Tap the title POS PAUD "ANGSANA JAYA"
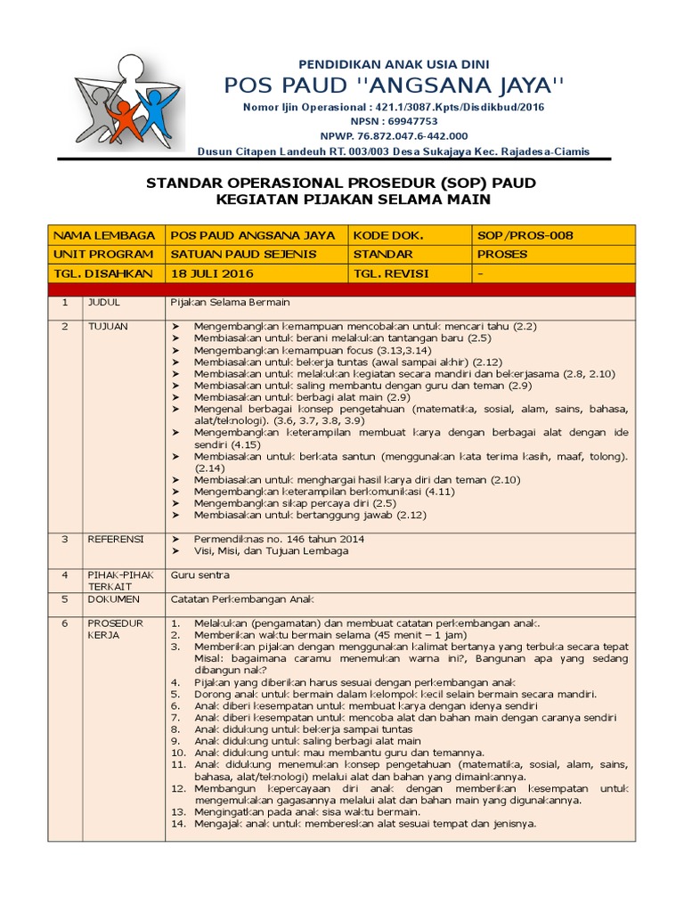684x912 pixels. point(393,85)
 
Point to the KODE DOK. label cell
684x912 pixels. point(387,235)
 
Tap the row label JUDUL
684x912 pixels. point(103,303)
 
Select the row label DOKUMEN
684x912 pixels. point(110,599)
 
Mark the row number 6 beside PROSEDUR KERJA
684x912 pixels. point(64,623)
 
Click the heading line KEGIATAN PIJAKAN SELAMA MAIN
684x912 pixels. point(353,199)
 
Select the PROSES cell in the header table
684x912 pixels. point(502,254)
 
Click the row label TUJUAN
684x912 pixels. point(107,327)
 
